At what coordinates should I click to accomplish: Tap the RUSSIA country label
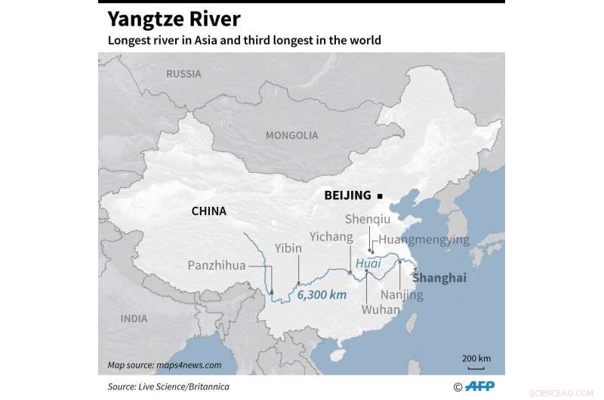(183, 73)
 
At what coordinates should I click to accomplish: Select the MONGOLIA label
(291, 135)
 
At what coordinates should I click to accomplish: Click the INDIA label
(134, 318)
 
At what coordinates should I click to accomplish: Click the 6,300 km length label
(322, 294)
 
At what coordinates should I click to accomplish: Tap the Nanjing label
(402, 295)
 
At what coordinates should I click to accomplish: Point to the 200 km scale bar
(476, 362)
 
